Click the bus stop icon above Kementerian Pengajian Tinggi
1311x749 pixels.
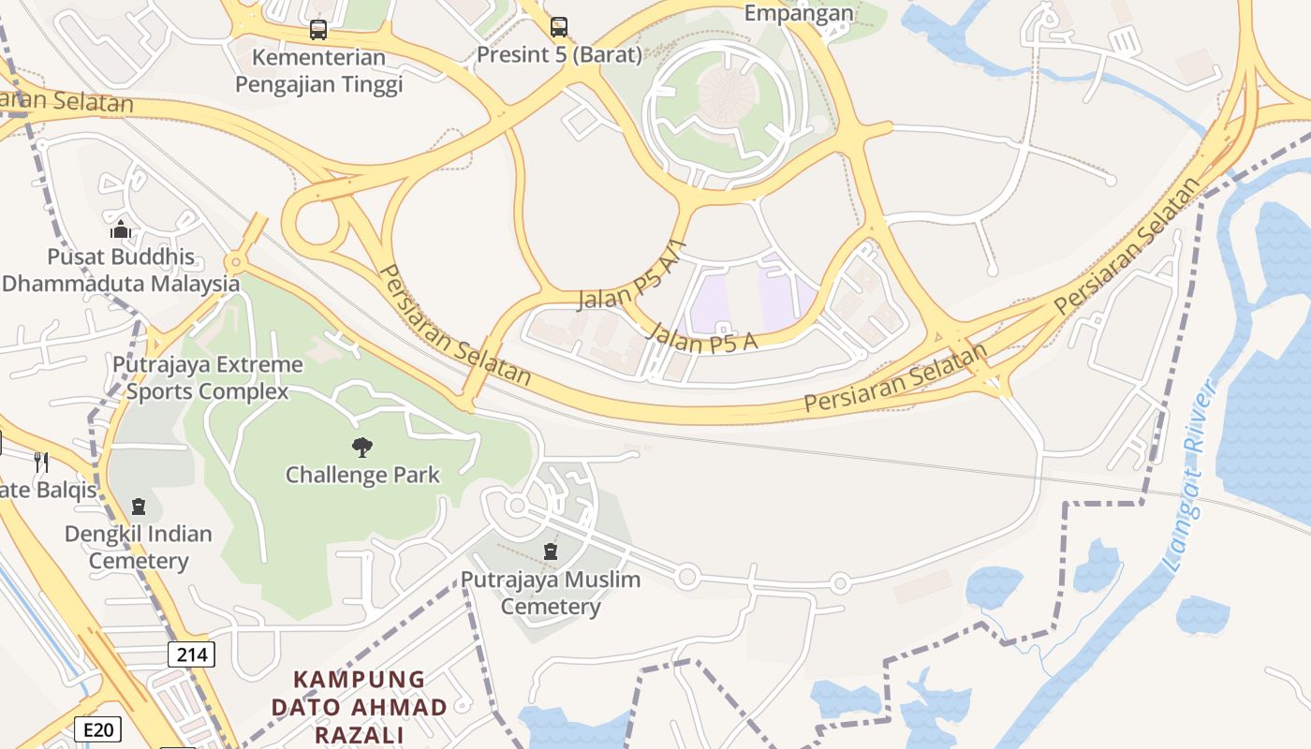(x=318, y=30)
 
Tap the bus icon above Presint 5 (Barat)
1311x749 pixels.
(x=559, y=26)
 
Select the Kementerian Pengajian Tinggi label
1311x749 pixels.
(x=318, y=71)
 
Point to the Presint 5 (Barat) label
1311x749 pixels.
(x=559, y=54)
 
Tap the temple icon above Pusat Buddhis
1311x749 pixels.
(x=121, y=229)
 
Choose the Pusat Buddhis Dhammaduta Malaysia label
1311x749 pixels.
(x=121, y=270)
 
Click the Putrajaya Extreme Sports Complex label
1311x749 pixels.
(x=208, y=377)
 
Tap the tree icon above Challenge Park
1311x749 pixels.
(x=361, y=448)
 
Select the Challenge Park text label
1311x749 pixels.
(x=362, y=475)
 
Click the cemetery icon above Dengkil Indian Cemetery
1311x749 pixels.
(x=139, y=507)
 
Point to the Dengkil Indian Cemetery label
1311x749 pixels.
(x=139, y=548)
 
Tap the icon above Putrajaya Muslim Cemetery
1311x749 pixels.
(x=551, y=551)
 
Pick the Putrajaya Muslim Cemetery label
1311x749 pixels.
(x=551, y=593)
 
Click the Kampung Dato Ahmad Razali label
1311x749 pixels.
(x=360, y=707)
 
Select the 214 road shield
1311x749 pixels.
(x=191, y=654)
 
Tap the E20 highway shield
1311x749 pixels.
(x=97, y=728)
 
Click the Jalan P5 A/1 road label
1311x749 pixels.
(x=633, y=277)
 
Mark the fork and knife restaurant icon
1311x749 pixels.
(x=40, y=461)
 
